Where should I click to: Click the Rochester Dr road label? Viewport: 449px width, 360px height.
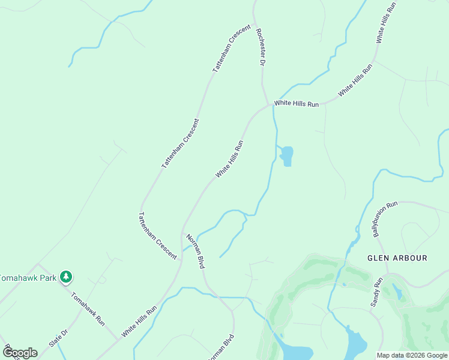261,46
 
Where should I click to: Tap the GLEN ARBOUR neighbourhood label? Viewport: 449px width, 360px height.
397,258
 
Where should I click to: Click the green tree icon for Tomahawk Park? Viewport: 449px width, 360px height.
66,277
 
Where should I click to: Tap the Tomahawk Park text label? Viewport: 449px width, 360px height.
27,278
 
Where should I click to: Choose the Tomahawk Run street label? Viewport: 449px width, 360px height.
88,308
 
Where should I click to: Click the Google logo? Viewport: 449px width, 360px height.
20,353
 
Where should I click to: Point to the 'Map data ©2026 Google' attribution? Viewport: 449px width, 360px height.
412,355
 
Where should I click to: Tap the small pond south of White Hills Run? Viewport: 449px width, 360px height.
287,155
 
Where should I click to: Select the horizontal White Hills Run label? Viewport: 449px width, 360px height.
297,104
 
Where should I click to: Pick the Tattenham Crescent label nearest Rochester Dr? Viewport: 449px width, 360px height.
231,48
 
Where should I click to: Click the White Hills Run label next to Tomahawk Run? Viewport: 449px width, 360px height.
139,320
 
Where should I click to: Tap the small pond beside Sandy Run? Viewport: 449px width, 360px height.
397,292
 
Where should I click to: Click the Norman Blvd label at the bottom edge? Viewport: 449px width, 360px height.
220,349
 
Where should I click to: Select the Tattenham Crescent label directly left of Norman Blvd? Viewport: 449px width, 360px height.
158,235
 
